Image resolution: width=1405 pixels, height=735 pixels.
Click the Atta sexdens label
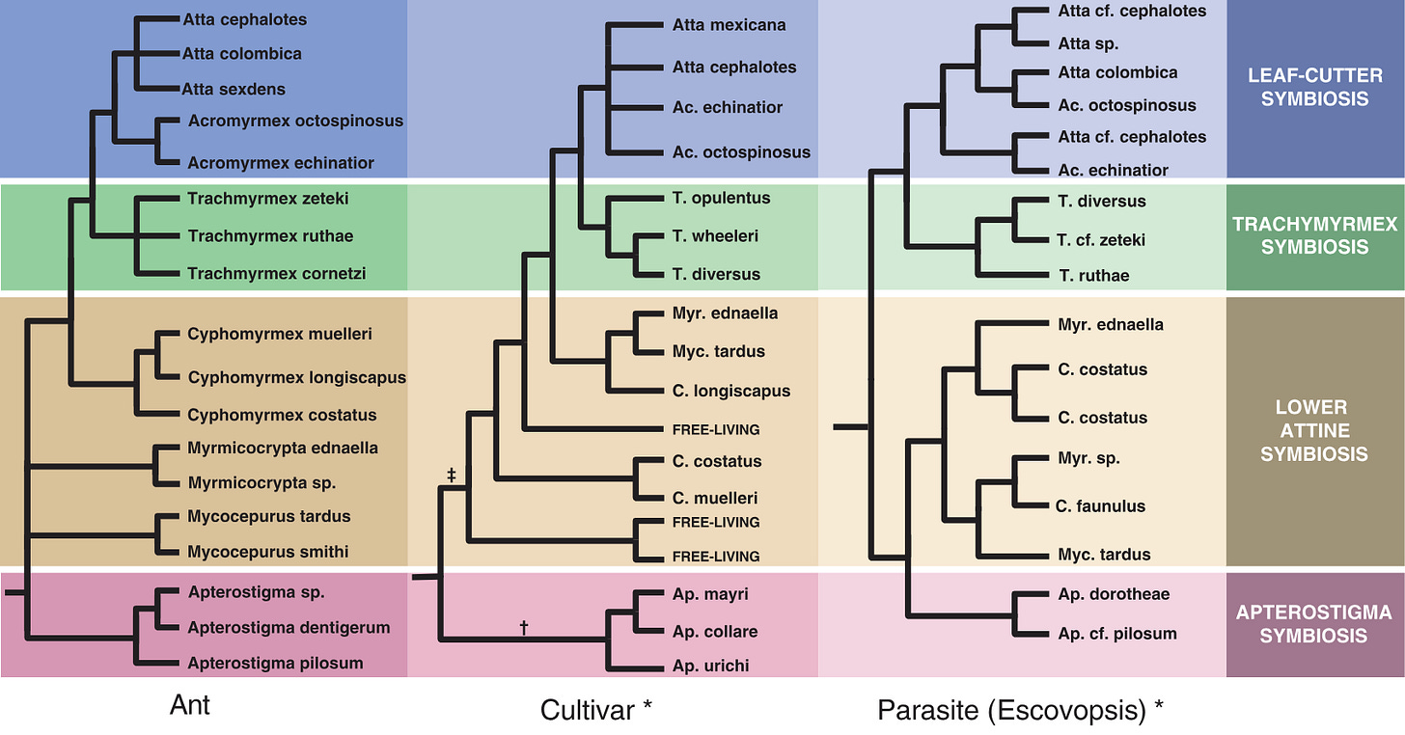click(234, 89)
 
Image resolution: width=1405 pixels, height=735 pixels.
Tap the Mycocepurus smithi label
click(268, 552)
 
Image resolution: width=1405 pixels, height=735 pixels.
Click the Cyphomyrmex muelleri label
click(280, 334)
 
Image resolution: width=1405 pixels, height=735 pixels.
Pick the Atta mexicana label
click(729, 25)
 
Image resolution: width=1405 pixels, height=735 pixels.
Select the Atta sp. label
click(1088, 42)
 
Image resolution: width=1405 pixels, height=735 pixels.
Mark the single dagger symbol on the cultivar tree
click(524, 627)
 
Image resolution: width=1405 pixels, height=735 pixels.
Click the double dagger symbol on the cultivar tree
click(452, 475)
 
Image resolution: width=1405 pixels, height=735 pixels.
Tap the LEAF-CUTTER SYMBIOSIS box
click(1314, 89)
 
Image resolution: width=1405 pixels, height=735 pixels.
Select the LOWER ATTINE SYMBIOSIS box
click(1314, 430)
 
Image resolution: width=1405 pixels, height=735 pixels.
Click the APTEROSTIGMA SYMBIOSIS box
click(1314, 624)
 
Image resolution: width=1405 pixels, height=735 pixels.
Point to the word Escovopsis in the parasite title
click(1074, 711)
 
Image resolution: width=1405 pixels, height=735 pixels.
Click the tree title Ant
click(189, 705)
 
